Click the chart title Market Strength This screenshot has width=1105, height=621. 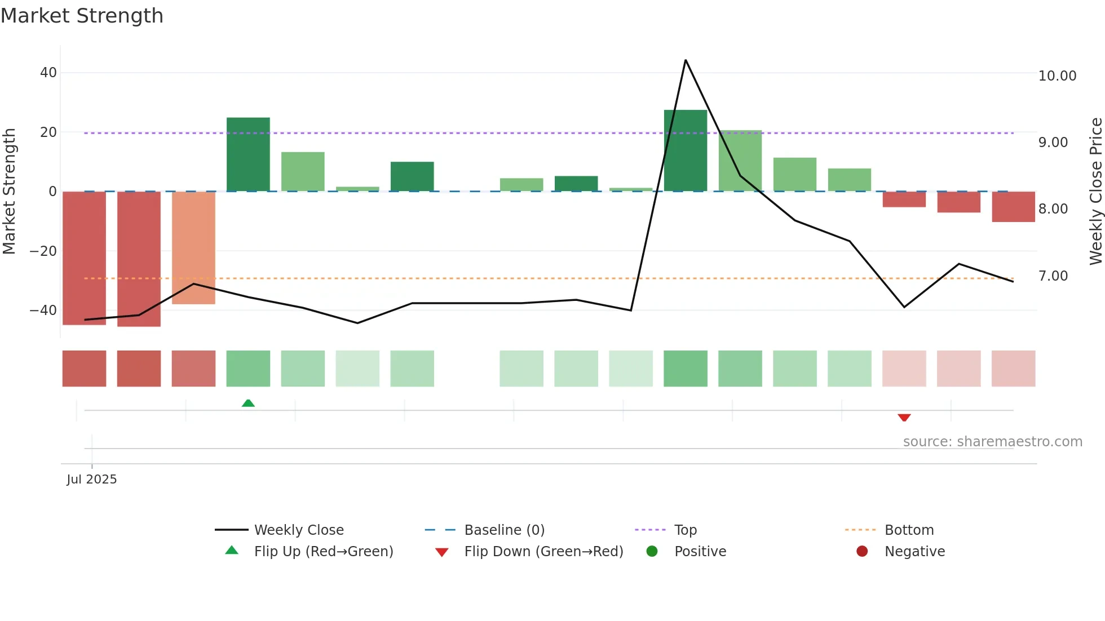82,16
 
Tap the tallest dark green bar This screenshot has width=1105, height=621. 685,150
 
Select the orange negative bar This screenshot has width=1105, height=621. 193,247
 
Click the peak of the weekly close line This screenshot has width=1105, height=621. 686,60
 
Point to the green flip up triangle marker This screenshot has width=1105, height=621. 248,403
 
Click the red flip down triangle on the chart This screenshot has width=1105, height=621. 904,418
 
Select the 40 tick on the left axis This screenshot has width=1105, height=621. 48,73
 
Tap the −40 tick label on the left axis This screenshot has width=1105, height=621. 43,310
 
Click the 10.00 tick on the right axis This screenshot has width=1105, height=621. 1057,76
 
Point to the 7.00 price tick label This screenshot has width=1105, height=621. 1053,276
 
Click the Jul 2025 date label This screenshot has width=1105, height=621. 92,480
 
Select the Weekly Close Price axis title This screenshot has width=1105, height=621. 1095,191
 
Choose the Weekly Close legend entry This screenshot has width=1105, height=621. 298,530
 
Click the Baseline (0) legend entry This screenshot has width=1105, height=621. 504,530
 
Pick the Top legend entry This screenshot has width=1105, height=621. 685,530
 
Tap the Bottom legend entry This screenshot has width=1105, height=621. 909,530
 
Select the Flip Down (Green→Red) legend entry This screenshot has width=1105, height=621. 543,552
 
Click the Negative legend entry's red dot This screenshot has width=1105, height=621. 862,551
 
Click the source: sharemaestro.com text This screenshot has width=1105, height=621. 992,442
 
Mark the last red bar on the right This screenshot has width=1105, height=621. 1013,206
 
